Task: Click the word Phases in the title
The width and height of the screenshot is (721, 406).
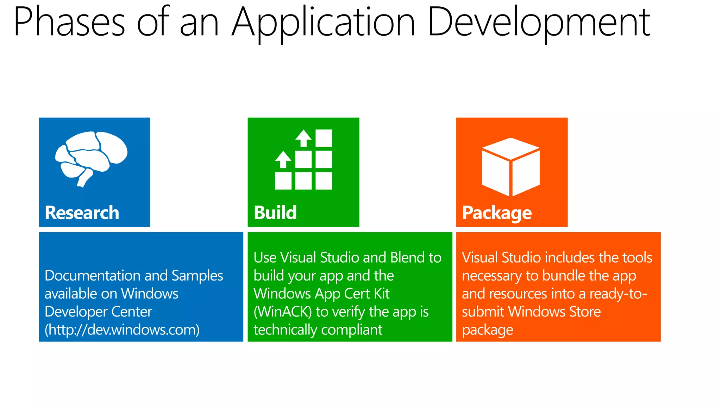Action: click(x=69, y=22)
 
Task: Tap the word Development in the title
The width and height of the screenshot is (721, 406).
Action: click(x=539, y=22)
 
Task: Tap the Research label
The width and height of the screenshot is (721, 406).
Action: click(x=82, y=213)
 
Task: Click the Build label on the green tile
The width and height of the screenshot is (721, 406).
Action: click(x=275, y=213)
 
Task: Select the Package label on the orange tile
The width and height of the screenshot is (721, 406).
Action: click(x=497, y=213)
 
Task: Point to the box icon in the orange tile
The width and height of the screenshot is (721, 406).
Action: click(x=510, y=166)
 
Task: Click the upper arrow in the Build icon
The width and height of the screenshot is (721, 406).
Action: click(x=303, y=138)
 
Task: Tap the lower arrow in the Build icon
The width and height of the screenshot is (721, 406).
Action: click(x=283, y=159)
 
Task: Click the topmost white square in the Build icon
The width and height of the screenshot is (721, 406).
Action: click(x=324, y=138)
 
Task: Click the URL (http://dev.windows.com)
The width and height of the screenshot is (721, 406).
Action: click(x=122, y=330)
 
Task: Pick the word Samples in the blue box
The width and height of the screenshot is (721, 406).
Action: click(x=197, y=276)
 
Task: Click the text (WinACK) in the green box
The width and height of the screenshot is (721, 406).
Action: click(x=282, y=312)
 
